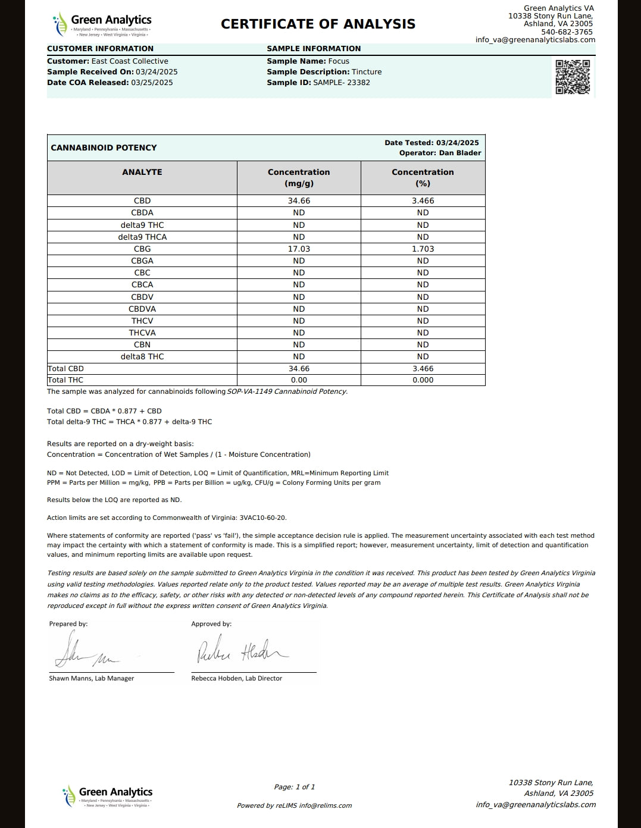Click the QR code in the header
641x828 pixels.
(573, 77)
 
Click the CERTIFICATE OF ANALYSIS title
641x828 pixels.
(318, 24)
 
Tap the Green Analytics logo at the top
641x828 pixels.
(102, 24)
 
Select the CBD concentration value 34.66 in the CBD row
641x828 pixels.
(299, 201)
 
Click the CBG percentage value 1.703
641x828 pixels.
(423, 249)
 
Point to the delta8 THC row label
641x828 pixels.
(142, 356)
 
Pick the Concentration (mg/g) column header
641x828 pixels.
(299, 177)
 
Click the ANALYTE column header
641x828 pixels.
(142, 172)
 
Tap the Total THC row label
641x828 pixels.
(65, 380)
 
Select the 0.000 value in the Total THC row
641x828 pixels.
(423, 380)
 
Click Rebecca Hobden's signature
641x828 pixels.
(242, 651)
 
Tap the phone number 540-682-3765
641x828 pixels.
(567, 32)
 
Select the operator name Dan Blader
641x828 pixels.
(460, 153)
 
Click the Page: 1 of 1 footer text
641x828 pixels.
(295, 787)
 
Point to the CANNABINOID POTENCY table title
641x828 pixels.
(104, 148)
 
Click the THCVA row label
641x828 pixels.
(142, 333)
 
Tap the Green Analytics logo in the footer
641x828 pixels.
(108, 796)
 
